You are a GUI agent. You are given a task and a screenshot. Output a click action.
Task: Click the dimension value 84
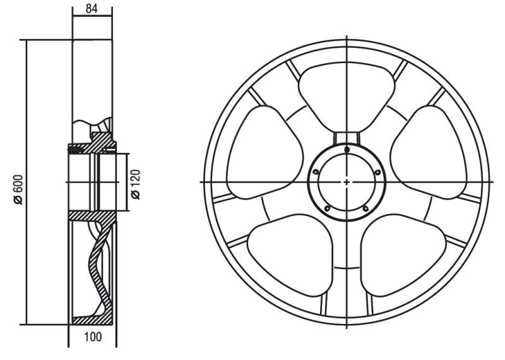point(92,9)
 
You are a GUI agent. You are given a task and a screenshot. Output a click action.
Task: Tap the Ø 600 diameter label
point(19,189)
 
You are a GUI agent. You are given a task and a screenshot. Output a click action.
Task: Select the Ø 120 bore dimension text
point(136,184)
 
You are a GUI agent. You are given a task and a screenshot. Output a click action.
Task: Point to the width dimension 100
point(93,337)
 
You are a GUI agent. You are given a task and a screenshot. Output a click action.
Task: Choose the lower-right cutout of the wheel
point(403,255)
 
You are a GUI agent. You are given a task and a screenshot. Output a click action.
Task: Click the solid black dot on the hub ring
point(347,149)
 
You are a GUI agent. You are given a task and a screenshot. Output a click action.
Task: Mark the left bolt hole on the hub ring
point(316,172)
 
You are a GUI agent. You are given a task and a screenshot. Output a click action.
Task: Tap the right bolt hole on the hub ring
point(377,172)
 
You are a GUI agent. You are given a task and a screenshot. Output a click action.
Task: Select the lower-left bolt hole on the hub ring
point(328,208)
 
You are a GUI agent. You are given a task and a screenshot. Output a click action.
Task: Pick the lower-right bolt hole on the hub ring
point(365,208)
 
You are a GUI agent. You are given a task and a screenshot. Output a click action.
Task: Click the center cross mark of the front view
point(347,183)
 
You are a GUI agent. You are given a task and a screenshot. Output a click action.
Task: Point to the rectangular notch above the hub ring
point(347,138)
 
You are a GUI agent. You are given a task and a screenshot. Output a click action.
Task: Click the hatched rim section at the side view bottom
point(92,320)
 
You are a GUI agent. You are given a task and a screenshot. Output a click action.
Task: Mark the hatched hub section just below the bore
point(93,216)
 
